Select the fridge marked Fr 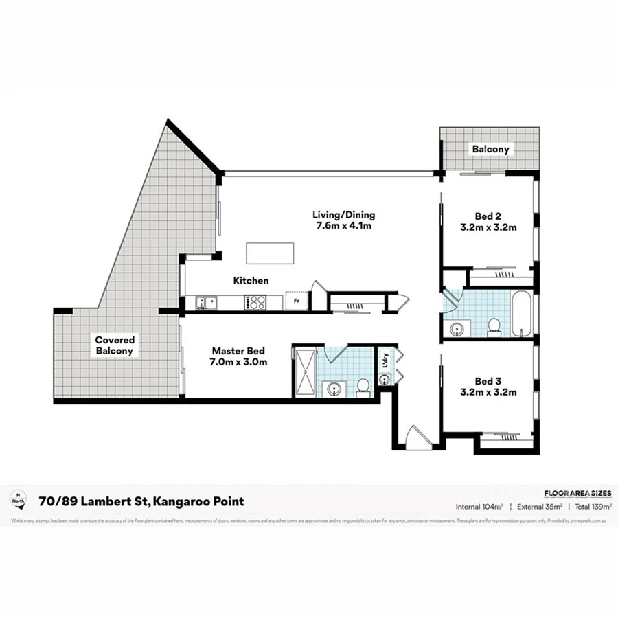point(297,301)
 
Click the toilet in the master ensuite point(363,387)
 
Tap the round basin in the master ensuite point(334,389)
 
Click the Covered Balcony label point(115,345)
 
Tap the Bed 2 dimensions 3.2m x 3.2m point(489,227)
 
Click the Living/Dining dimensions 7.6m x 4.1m point(345,225)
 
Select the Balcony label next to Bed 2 point(490,149)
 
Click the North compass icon point(18,499)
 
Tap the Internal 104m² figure point(479,507)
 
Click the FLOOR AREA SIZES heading point(577,493)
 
